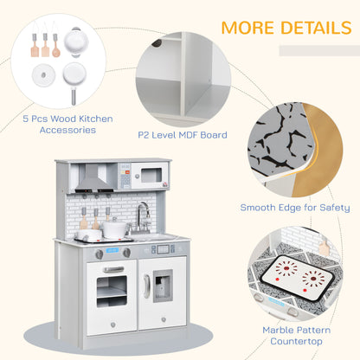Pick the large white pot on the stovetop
point(115,228)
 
